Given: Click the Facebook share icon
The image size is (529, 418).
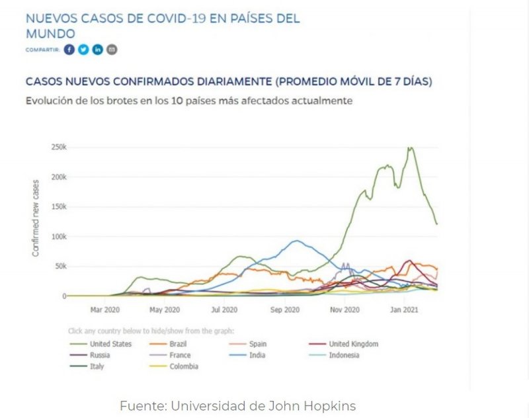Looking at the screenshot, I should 70,50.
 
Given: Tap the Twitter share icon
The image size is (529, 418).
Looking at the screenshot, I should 83,50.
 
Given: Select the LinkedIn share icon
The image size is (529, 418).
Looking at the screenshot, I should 98,50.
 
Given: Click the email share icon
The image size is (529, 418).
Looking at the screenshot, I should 112,50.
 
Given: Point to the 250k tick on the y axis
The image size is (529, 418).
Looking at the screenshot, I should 59,147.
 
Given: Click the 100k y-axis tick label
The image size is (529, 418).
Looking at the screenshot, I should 59,237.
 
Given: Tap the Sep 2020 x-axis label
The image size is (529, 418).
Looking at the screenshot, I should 286,309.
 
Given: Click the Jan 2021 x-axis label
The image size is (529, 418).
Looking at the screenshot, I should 405,309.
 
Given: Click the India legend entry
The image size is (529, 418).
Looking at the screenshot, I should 257,355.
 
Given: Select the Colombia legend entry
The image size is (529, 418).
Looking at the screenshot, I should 183,366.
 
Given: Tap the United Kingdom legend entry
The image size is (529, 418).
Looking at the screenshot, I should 353,344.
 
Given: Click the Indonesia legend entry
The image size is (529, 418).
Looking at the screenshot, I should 344,355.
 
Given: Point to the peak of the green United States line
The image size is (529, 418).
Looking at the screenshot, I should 411,148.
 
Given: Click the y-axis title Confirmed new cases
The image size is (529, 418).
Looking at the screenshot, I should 36,218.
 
